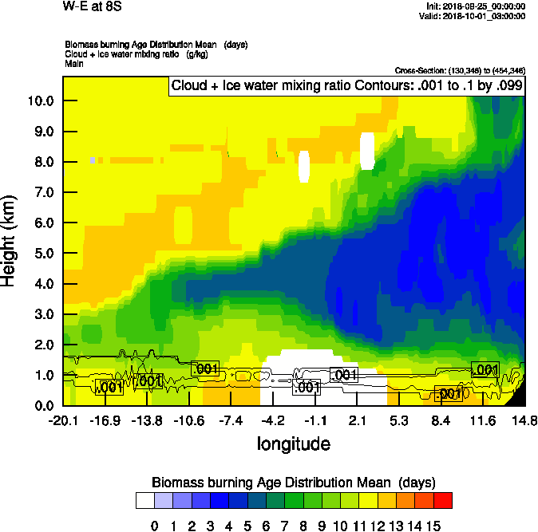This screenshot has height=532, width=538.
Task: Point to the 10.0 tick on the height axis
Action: click(42, 101)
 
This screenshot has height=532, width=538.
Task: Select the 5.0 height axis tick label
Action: click(45, 254)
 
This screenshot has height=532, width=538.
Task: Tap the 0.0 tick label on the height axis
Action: click(45, 406)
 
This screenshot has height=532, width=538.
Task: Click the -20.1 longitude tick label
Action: click(62, 420)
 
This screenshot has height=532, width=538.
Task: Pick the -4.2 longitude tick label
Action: click(274, 420)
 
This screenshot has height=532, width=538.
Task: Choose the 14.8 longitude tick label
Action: click(524, 420)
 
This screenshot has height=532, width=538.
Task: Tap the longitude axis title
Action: click(293, 443)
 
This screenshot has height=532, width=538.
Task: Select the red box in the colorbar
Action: click(443, 501)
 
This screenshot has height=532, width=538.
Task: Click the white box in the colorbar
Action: click(145, 501)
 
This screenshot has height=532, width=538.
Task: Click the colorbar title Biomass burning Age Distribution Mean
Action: click(293, 483)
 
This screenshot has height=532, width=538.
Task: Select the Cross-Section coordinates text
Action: click(460, 71)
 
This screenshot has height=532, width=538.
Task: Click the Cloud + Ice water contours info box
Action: click(346, 86)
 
